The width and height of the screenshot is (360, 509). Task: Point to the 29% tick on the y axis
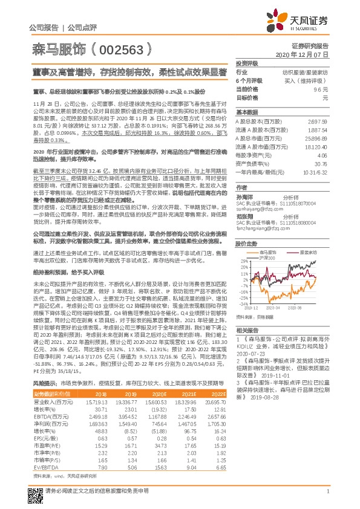coord(244,261)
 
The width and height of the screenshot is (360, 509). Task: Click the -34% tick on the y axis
coord(244,304)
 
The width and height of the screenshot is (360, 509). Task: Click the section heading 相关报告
coord(247,329)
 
